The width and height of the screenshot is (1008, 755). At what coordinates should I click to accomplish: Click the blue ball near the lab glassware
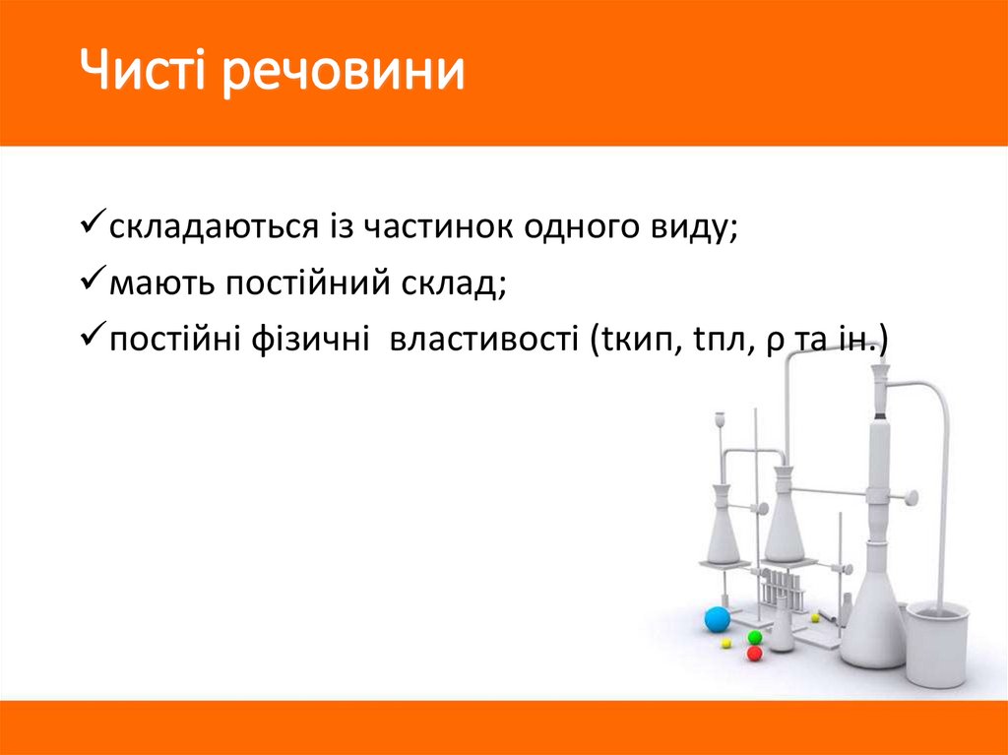(718, 619)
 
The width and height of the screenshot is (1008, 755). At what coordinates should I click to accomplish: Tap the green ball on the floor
(755, 637)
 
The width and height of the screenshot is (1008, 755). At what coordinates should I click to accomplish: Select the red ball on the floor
(755, 653)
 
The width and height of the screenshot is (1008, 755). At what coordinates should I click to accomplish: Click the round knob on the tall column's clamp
(913, 496)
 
